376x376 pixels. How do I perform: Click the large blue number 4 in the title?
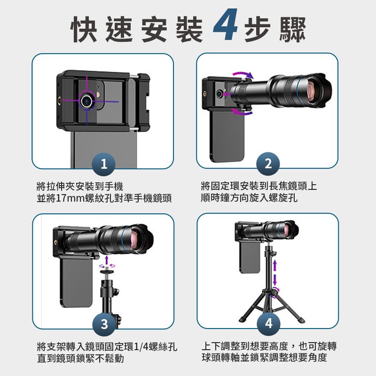226,25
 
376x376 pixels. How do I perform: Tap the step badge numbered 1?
103,164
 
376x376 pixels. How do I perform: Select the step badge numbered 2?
268,164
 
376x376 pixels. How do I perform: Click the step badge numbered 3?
104,324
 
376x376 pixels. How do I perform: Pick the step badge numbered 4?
268,323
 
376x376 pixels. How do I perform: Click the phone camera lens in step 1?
87,101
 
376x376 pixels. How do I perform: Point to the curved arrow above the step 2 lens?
243,73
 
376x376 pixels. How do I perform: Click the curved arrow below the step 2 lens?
242,112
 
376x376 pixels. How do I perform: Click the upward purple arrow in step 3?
107,261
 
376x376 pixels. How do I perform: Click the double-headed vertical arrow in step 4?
275,273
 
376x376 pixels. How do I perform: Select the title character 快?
84,29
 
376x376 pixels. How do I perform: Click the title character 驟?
292,29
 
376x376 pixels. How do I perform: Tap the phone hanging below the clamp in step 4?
250,257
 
